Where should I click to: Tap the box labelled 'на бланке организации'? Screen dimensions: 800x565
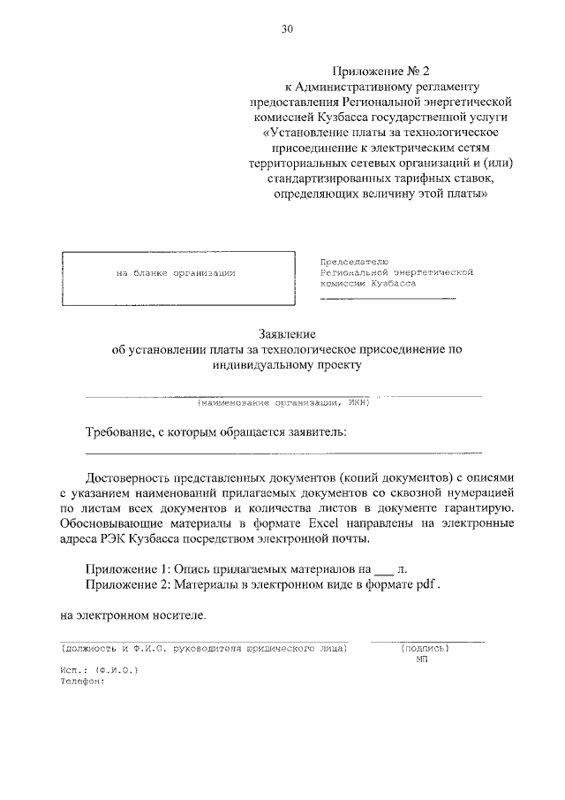[177, 273]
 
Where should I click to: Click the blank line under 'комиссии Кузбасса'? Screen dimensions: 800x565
[388, 299]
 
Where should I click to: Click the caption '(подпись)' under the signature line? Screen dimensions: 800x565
[425, 648]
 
